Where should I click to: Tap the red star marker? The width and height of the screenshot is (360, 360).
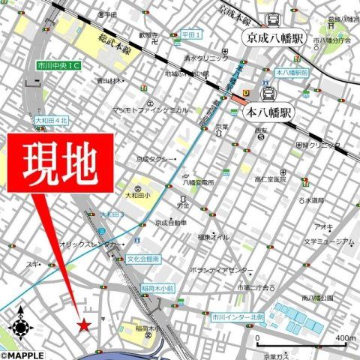[x=84, y=325]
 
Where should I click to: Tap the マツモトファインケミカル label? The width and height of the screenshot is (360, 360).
[x=150, y=109]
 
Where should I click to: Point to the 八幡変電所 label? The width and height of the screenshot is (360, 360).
[x=198, y=181]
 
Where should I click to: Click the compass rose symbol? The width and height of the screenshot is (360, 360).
[x=22, y=326]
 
